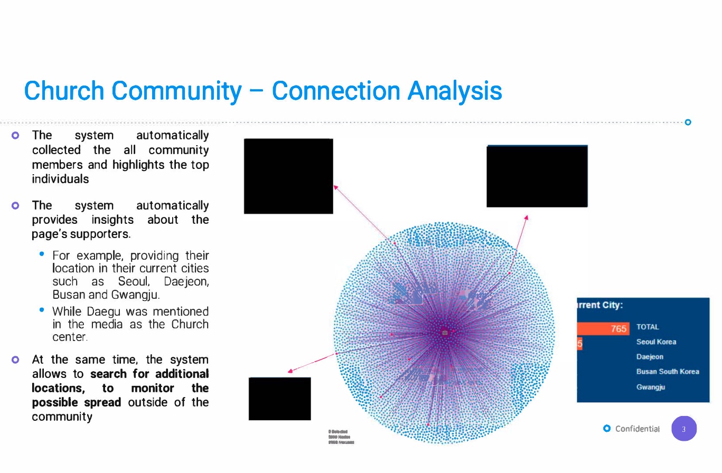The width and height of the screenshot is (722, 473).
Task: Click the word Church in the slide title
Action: click(x=64, y=91)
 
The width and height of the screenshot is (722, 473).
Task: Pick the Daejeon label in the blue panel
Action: click(x=650, y=357)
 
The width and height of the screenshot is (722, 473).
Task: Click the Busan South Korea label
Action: click(x=668, y=372)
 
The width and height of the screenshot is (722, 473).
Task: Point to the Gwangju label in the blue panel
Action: click(x=650, y=387)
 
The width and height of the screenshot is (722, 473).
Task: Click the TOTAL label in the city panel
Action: click(x=648, y=327)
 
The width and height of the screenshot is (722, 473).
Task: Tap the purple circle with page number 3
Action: click(x=684, y=429)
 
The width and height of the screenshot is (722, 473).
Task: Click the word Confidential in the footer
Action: click(x=637, y=429)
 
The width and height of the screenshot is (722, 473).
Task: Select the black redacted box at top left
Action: click(x=288, y=176)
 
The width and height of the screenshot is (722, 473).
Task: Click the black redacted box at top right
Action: click(x=537, y=176)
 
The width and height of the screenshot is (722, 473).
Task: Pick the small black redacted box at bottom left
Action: click(x=279, y=399)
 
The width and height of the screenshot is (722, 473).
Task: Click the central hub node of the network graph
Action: click(x=445, y=333)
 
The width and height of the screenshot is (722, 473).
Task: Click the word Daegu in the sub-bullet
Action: click(x=102, y=312)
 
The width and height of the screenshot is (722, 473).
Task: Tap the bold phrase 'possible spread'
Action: click(x=77, y=402)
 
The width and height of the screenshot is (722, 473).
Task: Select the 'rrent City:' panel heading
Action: click(x=600, y=305)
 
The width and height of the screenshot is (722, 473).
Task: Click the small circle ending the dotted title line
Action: click(x=688, y=122)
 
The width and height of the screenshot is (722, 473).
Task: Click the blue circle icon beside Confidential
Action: click(x=607, y=428)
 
